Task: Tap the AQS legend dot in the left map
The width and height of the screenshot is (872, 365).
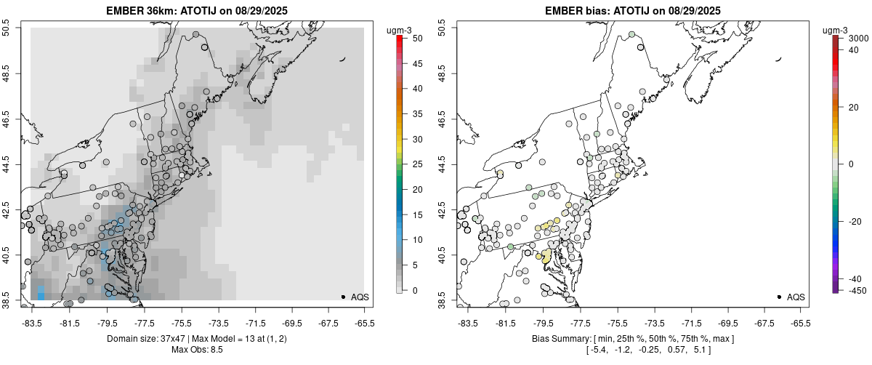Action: (342, 297)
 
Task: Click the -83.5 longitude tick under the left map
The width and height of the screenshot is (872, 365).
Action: (31, 324)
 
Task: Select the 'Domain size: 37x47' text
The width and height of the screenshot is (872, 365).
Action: (145, 340)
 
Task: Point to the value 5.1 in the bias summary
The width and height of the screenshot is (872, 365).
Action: (697, 350)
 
